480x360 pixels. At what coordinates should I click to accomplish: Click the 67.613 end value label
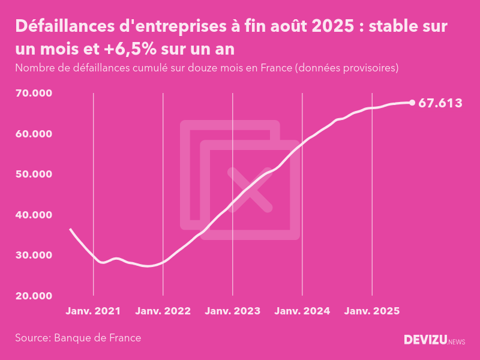[x=440, y=103]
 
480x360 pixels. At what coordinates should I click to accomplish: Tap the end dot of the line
[x=412, y=103]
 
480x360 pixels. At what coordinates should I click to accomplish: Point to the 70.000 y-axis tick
[x=34, y=93]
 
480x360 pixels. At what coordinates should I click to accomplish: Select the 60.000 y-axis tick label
[x=34, y=134]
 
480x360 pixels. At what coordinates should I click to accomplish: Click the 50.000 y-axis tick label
[x=34, y=174]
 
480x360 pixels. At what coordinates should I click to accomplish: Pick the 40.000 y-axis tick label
[x=34, y=215]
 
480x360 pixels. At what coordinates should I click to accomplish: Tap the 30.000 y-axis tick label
[x=34, y=255]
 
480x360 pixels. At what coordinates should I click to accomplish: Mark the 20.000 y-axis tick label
[x=34, y=296]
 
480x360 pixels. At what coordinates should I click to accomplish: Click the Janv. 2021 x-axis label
[x=93, y=311]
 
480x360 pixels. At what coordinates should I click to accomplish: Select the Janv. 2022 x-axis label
[x=163, y=311]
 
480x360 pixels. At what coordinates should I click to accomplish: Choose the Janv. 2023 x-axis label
[x=233, y=311]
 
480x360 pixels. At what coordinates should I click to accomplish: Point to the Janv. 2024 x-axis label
[x=302, y=311]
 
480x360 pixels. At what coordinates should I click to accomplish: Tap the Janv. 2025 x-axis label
[x=372, y=311]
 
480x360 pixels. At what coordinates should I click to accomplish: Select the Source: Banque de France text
[x=78, y=338]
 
